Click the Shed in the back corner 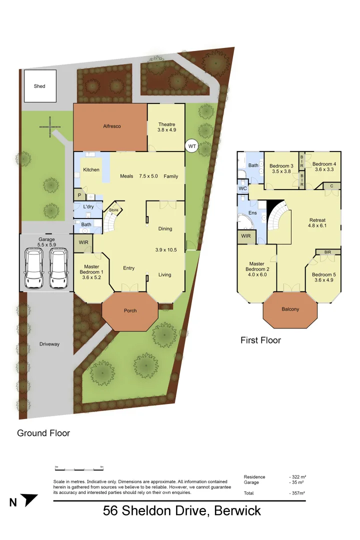[39, 86]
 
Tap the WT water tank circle [191, 146]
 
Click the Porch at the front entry [130, 310]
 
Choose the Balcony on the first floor [290, 309]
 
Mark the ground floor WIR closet [82, 243]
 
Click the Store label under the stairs [114, 210]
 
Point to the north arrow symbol [30, 500]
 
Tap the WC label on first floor [243, 188]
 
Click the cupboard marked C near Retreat [331, 186]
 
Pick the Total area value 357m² [297, 493]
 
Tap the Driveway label [49, 344]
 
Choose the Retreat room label [317, 220]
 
